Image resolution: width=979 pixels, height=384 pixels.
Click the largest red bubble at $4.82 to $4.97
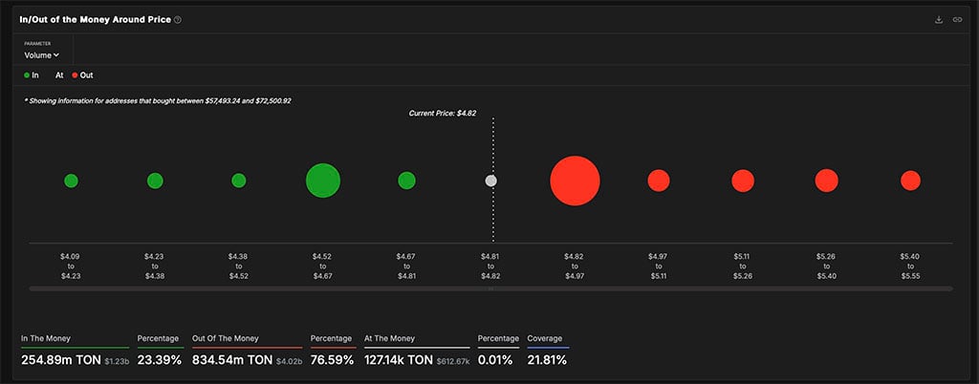click(x=575, y=181)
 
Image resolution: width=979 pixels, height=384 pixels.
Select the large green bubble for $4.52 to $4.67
click(x=323, y=181)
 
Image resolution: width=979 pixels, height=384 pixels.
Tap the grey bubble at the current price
click(x=491, y=181)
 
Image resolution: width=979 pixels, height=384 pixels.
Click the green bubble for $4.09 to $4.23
click(x=71, y=181)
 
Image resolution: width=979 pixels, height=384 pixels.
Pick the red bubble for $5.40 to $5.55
click(x=910, y=181)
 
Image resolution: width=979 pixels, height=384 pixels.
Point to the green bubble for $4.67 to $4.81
click(x=406, y=181)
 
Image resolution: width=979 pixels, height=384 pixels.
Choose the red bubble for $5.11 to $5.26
click(x=743, y=181)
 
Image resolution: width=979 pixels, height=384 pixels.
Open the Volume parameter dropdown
click(x=42, y=55)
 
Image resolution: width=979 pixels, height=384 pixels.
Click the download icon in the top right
click(x=939, y=19)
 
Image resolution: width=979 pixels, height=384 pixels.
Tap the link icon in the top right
click(x=957, y=19)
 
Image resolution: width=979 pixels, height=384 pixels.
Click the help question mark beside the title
click(x=178, y=19)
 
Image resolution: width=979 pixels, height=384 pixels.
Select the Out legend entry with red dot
click(x=82, y=75)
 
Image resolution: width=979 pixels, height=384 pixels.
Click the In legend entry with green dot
click(x=32, y=75)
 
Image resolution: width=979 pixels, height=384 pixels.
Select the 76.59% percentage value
click(x=332, y=360)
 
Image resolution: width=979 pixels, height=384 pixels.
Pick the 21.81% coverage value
click(x=547, y=360)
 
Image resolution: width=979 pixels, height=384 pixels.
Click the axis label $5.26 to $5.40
click(x=826, y=266)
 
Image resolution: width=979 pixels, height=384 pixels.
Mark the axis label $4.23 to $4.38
click(x=155, y=266)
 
